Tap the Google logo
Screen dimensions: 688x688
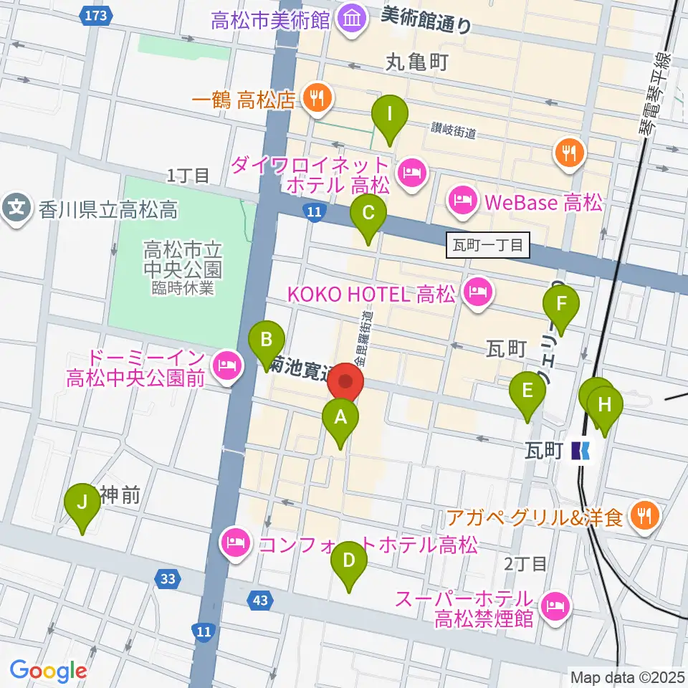pos(48,671)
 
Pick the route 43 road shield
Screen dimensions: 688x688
pos(261,601)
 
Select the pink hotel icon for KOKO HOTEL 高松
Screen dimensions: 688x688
pos(477,292)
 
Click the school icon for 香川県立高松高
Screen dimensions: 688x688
pos(16,209)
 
